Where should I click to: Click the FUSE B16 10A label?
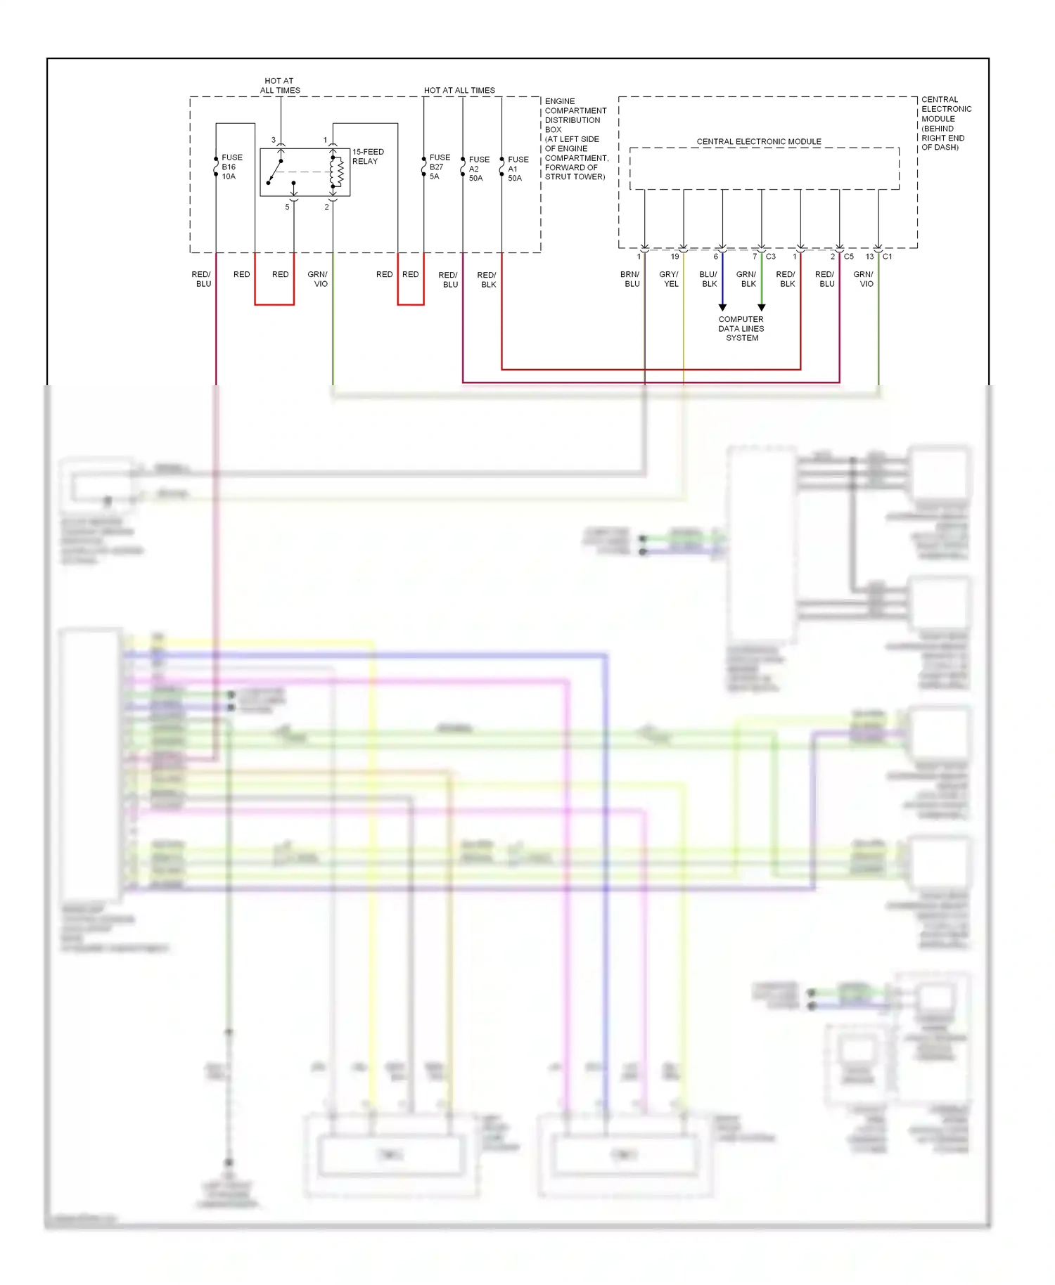click(x=231, y=167)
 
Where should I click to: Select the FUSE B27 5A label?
click(x=440, y=167)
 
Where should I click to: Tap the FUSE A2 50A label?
click(x=479, y=169)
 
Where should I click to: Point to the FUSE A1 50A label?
click(x=518, y=169)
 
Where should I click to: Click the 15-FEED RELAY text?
click(x=368, y=157)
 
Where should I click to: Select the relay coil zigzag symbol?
click(x=338, y=172)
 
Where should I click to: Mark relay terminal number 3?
click(x=274, y=141)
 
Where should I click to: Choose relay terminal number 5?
click(x=287, y=207)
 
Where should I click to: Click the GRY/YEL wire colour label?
click(x=670, y=279)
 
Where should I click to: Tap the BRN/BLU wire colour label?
click(x=630, y=279)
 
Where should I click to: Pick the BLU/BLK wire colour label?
click(x=709, y=279)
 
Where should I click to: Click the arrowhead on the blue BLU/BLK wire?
click(x=722, y=307)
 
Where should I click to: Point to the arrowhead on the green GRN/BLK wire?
click(x=761, y=307)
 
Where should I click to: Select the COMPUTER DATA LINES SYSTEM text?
click(x=741, y=328)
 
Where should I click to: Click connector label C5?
click(x=849, y=257)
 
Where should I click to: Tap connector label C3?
click(x=771, y=257)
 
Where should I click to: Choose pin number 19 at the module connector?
click(x=674, y=257)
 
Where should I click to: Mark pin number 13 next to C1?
click(x=869, y=257)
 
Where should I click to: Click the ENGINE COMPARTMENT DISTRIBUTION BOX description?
click(x=576, y=139)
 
